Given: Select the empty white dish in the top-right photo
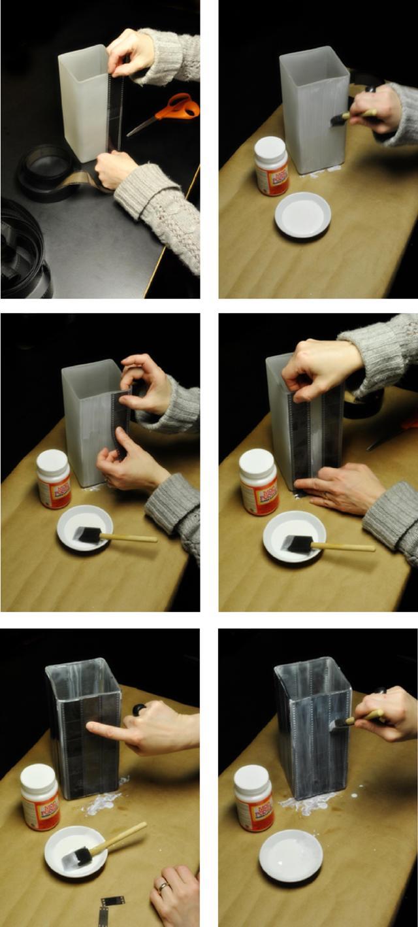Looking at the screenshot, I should pyautogui.click(x=302, y=214).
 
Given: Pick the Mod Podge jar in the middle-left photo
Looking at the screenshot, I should pyautogui.click(x=53, y=479).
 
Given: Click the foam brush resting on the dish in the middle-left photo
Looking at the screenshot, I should pyautogui.click(x=88, y=535).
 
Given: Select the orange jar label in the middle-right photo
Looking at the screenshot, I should pyautogui.click(x=260, y=497).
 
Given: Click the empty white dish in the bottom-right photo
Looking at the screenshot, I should pyautogui.click(x=291, y=855).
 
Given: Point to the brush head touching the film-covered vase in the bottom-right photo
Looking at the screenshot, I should pyautogui.click(x=338, y=724).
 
